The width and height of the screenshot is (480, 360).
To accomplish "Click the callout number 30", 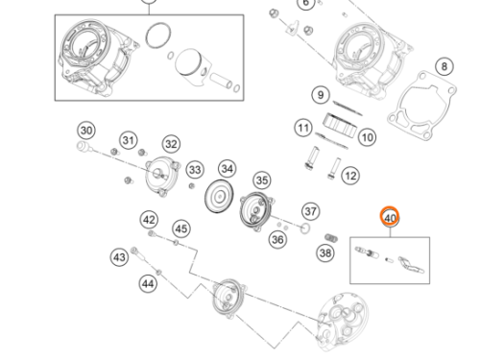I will click(85, 131).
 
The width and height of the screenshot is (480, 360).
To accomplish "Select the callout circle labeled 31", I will click(128, 141).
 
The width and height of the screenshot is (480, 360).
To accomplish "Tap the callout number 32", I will click(171, 144).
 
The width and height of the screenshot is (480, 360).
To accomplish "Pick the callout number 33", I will click(195, 170).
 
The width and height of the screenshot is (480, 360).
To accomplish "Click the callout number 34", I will click(227, 169).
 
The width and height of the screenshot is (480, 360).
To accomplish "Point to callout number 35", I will click(261, 180).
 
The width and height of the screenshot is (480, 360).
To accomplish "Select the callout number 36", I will click(277, 239).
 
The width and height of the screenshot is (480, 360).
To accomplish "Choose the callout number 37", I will click(310, 210).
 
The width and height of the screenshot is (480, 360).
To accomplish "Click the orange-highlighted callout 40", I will click(390, 218).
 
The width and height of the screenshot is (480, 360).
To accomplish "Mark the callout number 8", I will click(443, 66).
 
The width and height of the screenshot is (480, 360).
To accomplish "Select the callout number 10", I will click(366, 138).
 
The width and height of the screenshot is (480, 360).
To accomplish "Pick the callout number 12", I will click(349, 176).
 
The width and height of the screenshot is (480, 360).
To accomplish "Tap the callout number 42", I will click(149, 220).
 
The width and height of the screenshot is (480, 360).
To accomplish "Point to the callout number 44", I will click(147, 283).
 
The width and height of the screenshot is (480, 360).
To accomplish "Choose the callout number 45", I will click(180, 228).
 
